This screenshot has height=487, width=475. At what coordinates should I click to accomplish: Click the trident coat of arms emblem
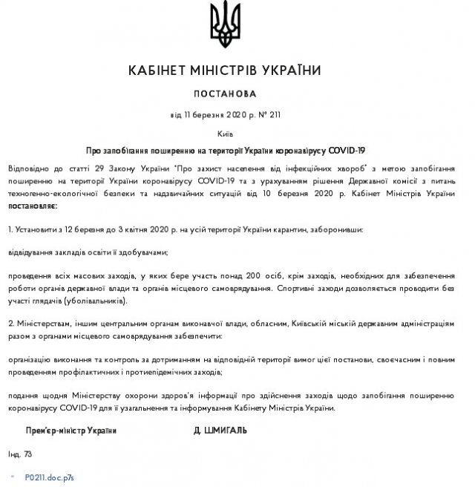[225, 24]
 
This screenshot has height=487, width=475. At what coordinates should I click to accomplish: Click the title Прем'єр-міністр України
[71, 430]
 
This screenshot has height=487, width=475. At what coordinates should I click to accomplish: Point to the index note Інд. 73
[20, 453]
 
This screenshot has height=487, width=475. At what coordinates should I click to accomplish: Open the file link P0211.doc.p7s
[49, 477]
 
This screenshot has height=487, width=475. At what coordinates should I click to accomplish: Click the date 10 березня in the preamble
[322, 192]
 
